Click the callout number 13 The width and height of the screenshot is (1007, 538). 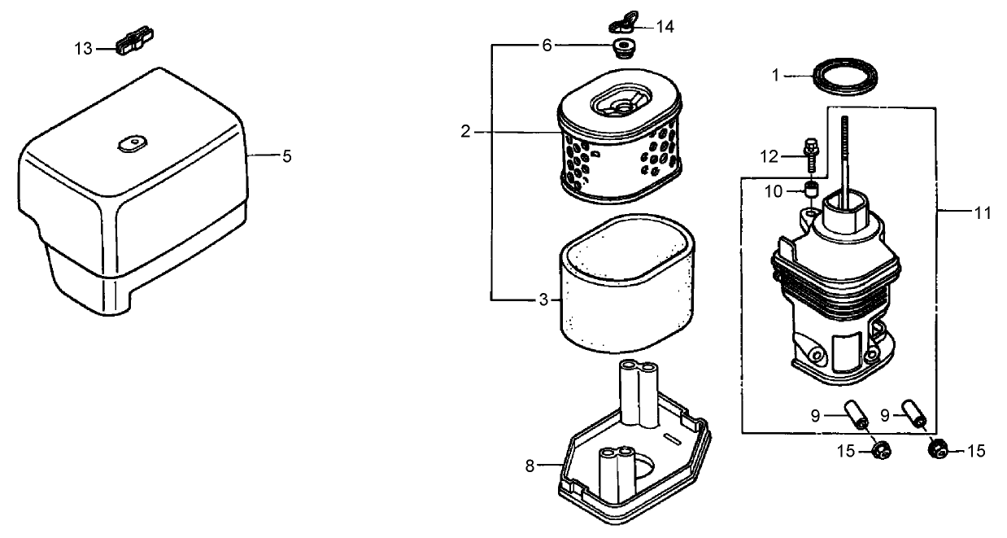coord(84,49)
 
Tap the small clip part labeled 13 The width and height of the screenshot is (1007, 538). coord(135,43)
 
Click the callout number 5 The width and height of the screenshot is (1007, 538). coord(286,156)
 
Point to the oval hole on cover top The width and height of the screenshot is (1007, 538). coord(129,144)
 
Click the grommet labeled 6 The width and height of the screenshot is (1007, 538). coord(624,47)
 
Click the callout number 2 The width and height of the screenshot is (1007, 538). coord(466,131)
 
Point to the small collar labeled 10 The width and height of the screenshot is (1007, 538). coord(810,191)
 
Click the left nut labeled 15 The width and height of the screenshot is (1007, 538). coord(879,448)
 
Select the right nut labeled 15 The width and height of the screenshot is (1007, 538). coord(937,448)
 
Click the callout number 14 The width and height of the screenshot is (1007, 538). coord(665,27)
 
